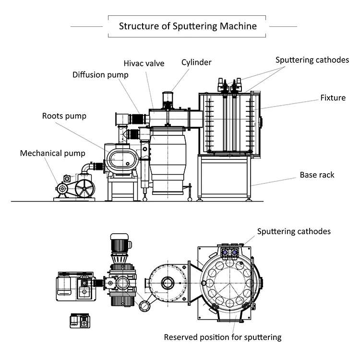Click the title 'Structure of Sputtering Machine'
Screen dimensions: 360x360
(188, 26)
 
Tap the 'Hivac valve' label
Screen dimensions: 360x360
(144, 63)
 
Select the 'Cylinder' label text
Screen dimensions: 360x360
(196, 62)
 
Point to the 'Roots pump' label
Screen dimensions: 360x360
(64, 116)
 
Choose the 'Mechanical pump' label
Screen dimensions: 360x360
(52, 153)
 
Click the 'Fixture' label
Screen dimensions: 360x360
(333, 98)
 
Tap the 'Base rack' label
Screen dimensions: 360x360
(317, 175)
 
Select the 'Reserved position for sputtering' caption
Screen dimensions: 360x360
(223, 337)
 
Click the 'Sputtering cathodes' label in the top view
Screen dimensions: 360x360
(294, 231)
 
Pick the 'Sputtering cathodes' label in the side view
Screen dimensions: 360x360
(312, 60)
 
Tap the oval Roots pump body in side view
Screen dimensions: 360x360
(121, 159)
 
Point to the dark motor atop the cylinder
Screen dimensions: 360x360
(168, 99)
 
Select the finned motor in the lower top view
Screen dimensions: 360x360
(120, 247)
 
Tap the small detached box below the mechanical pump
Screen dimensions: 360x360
(80, 320)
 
